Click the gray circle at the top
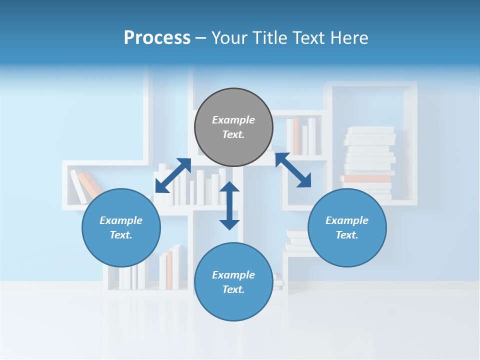233,127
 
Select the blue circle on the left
121,227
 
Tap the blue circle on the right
347,227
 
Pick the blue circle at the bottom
233,282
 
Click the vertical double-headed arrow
229,205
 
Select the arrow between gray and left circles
173,175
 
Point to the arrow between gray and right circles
293,170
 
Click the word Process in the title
157,38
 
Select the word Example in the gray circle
233,120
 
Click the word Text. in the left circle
121,235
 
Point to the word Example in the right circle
347,220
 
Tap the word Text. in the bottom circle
233,289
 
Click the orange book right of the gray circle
296,136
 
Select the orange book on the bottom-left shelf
169,269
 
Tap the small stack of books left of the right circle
296,240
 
